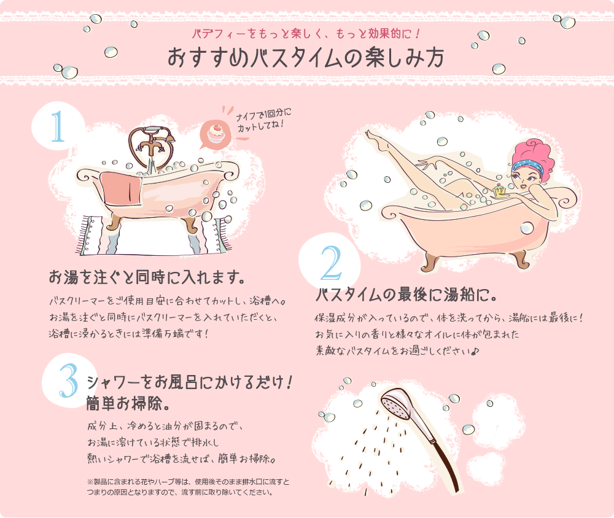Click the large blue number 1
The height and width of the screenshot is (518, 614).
58,126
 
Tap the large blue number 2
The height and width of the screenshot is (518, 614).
332,263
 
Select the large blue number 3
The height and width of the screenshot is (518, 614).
69,380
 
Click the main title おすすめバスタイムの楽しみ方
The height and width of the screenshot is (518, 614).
306,58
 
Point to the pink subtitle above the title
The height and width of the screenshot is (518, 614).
306,34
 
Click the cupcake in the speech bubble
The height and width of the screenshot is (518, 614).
216,133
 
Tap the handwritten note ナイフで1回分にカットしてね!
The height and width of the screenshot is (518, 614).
263,120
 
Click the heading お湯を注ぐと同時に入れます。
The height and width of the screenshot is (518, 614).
147,277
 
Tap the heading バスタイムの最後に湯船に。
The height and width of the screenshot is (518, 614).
406,295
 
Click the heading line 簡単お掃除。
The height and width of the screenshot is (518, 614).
128,403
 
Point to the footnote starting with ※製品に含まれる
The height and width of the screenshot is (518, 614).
188,487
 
